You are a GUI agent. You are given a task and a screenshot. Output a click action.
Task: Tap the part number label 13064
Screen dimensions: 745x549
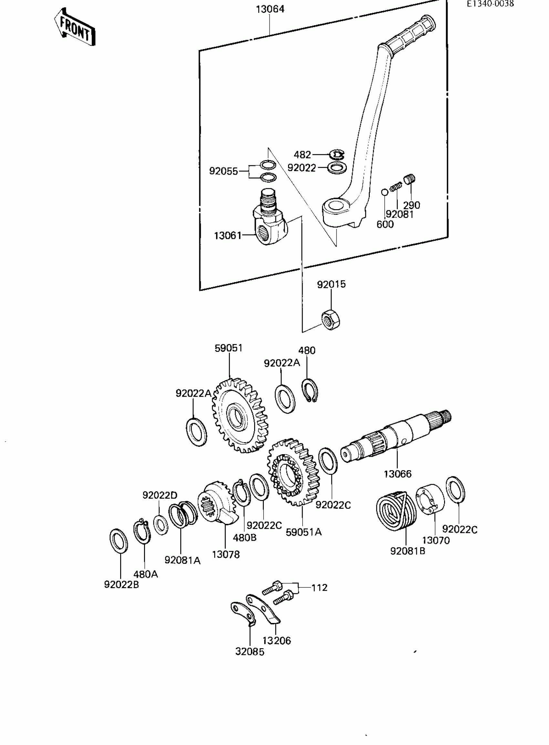270,9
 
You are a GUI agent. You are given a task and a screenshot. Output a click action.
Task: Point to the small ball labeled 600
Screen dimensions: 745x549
385,192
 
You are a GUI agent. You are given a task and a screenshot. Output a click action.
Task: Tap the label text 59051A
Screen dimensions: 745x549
304,532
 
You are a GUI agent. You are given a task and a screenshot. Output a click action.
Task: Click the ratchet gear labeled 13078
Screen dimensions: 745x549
218,505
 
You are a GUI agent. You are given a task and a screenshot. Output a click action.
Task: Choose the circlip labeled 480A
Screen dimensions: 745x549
142,532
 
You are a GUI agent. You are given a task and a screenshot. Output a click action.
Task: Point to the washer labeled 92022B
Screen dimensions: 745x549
119,541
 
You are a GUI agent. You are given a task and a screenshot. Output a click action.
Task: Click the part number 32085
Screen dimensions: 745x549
250,652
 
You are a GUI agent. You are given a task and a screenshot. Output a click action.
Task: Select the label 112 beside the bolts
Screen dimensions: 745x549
319,587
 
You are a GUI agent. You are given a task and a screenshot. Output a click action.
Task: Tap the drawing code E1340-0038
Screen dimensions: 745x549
490,4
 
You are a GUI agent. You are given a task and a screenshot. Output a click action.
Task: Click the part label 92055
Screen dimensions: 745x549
223,171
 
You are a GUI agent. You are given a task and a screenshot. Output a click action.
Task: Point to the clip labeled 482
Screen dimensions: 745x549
337,154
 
